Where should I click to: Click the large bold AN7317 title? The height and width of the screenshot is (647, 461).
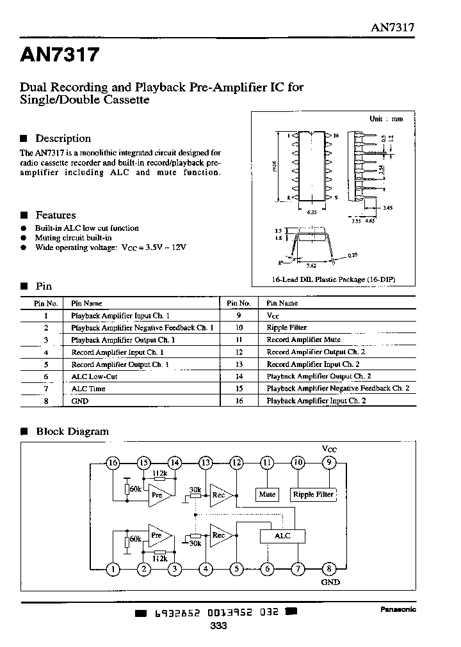point(60,56)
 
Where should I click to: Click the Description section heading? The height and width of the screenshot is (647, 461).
point(63,138)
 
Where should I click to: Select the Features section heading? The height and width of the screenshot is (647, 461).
point(55,215)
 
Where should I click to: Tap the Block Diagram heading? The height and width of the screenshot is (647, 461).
point(72,432)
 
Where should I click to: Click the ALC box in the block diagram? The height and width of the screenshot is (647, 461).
point(282,536)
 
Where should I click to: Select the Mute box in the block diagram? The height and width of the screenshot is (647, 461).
point(267,494)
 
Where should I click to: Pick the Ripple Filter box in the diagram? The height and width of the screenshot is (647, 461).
point(313,494)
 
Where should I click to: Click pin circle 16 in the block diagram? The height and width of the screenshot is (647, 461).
point(113,463)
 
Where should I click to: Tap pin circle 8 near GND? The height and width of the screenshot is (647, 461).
point(328,567)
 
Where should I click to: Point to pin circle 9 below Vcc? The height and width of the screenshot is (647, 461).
point(328,463)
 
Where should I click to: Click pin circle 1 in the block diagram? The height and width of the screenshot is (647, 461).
point(113,567)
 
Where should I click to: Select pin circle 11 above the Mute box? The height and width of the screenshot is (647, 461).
point(267,463)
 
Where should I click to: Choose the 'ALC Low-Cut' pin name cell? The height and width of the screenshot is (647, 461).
point(94,377)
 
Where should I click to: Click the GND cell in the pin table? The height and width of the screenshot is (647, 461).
point(80,401)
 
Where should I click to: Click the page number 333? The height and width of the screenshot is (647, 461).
point(218,626)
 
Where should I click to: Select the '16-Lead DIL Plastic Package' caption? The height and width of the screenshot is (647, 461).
point(327,279)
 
